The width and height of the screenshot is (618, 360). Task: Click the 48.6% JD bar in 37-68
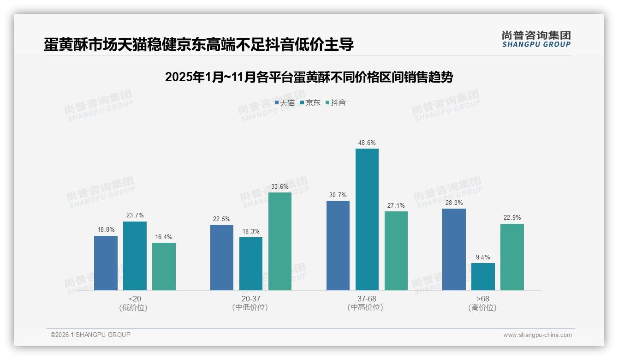click(367, 219)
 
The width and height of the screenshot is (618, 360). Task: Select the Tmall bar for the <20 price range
click(106, 263)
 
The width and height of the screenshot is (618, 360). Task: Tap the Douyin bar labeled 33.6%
click(280, 241)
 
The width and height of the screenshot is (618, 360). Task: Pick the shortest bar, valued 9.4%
click(483, 277)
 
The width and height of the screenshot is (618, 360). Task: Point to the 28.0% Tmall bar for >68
click(454, 249)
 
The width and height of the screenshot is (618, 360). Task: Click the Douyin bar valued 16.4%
click(164, 266)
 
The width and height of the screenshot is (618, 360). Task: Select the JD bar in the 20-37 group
click(251, 264)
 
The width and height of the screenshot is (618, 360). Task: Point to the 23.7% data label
click(135, 215)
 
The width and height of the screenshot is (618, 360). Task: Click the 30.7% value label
click(338, 195)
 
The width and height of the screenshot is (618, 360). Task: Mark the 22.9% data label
click(512, 217)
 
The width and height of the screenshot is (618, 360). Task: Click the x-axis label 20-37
click(250, 299)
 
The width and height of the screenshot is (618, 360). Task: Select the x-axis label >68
click(483, 299)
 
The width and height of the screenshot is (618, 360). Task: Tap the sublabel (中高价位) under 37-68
click(367, 307)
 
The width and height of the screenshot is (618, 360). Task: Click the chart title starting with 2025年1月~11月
click(309, 77)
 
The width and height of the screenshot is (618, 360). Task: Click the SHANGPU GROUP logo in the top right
click(536, 39)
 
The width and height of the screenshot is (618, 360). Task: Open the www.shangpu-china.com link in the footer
click(537, 335)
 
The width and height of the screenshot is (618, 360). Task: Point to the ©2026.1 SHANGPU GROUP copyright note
click(90, 335)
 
